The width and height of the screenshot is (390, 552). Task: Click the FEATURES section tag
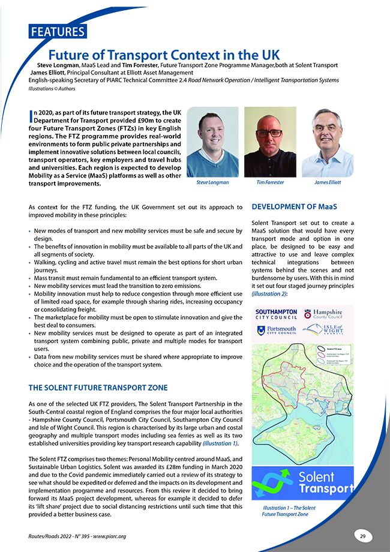(57, 32)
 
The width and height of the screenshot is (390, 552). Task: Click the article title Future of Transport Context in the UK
(164, 55)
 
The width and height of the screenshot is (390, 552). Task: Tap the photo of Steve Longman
(212, 142)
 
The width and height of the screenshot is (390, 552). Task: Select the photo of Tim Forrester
(270, 142)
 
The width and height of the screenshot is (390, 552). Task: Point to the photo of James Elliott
(328, 142)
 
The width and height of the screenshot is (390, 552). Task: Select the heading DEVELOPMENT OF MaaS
(289, 207)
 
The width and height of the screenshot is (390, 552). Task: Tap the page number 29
(362, 536)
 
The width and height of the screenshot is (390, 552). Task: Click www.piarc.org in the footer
(115, 536)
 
